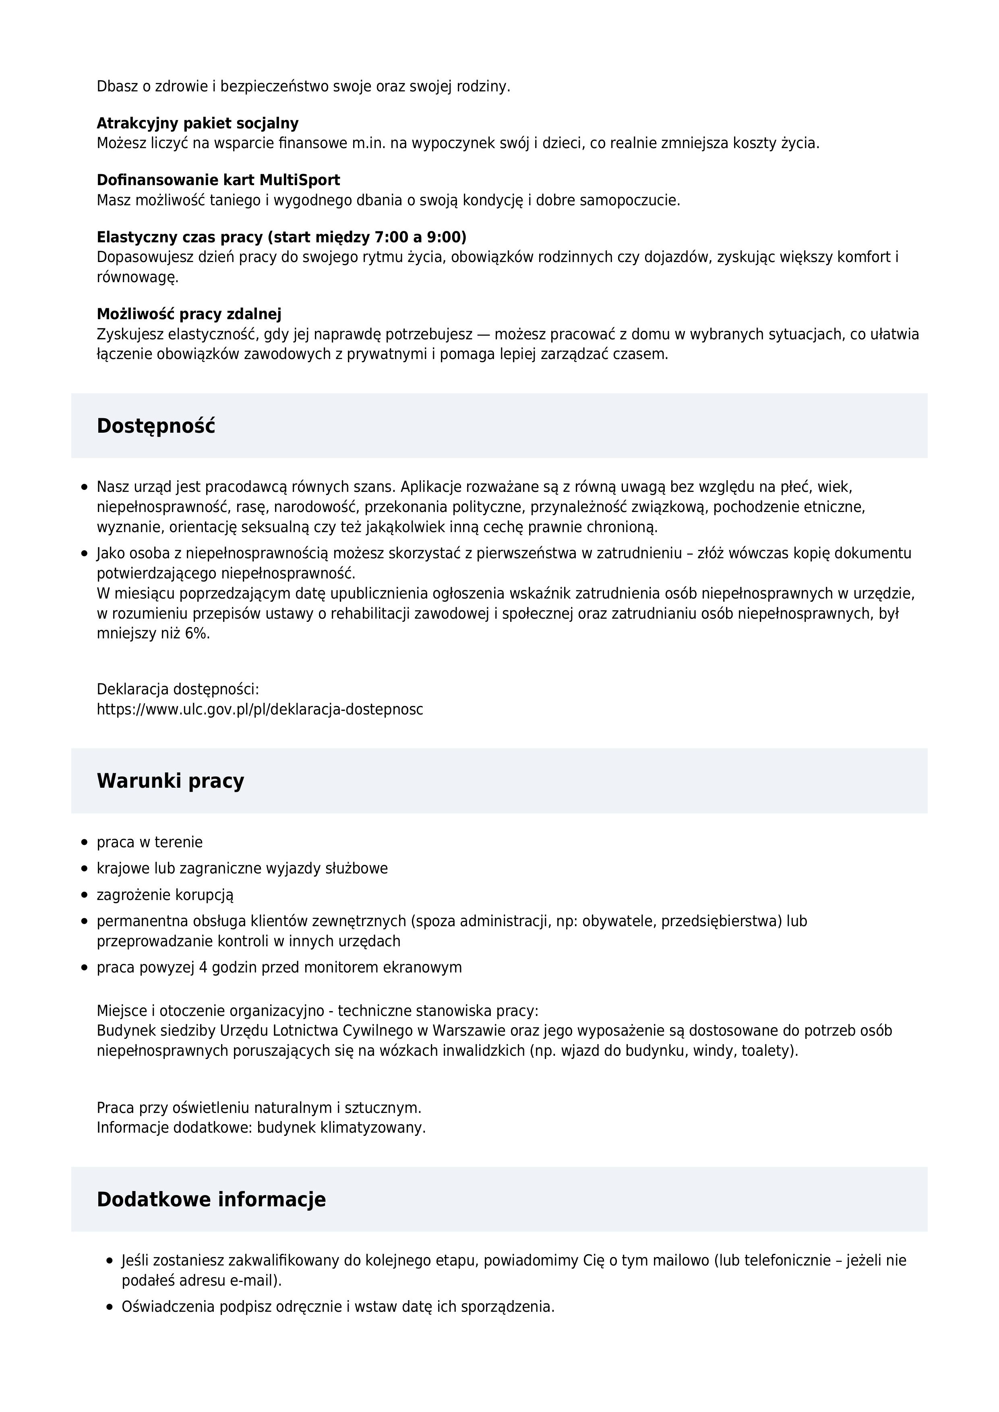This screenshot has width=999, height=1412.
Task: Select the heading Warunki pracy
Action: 170,781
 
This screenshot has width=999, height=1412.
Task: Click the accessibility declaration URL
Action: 260,709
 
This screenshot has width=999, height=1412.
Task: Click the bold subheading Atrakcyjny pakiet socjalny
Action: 197,124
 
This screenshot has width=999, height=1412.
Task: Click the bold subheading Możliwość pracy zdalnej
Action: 189,314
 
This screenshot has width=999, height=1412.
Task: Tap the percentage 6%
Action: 197,634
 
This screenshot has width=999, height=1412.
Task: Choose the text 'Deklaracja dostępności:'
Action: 178,689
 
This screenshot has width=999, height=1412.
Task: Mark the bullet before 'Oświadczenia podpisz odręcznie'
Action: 110,1307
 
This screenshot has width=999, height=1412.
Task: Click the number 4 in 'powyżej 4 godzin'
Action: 203,967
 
